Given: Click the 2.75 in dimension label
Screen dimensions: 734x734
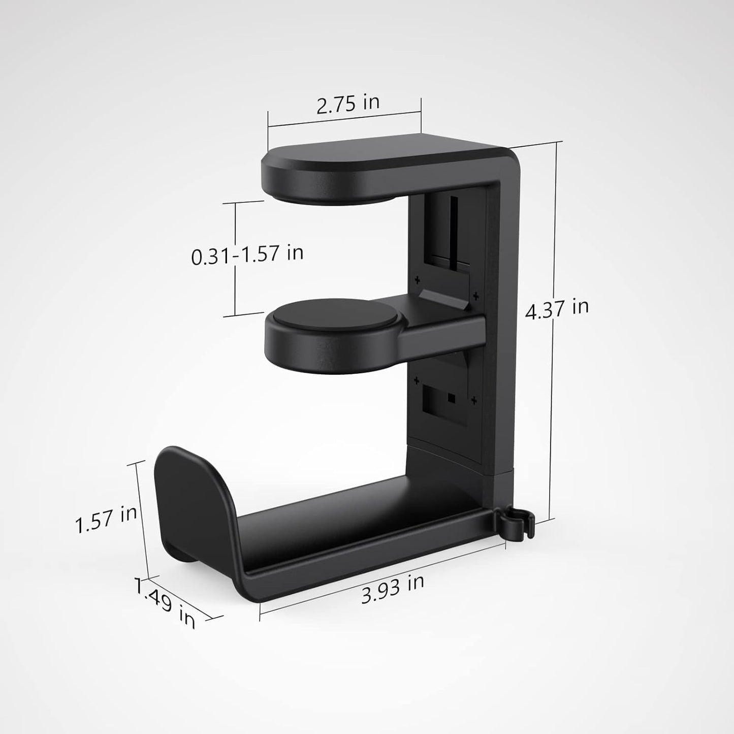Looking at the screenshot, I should (348, 104).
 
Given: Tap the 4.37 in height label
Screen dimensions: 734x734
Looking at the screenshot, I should (557, 309).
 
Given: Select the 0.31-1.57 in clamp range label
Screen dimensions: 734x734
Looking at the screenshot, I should (247, 254).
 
